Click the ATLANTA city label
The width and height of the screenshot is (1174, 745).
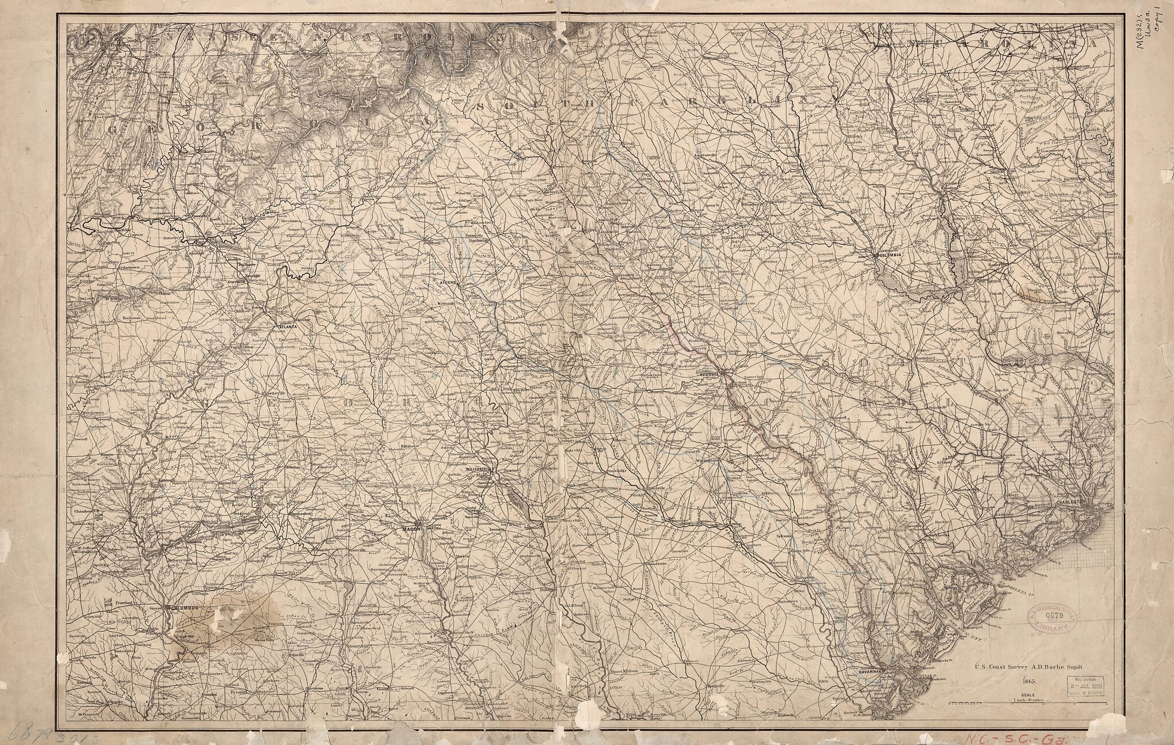(288, 327)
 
